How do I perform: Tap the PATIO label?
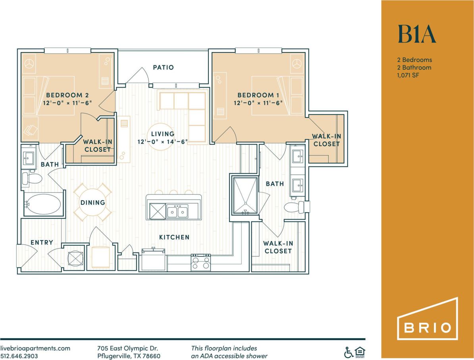click(x=163, y=67)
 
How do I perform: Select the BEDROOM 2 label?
click(x=67, y=95)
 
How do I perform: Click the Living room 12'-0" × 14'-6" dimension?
click(x=162, y=142)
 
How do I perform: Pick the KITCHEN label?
click(x=174, y=237)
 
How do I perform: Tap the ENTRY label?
click(x=42, y=243)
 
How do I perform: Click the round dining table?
click(x=93, y=202)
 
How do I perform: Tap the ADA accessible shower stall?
click(x=245, y=196)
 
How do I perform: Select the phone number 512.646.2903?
click(x=20, y=356)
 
